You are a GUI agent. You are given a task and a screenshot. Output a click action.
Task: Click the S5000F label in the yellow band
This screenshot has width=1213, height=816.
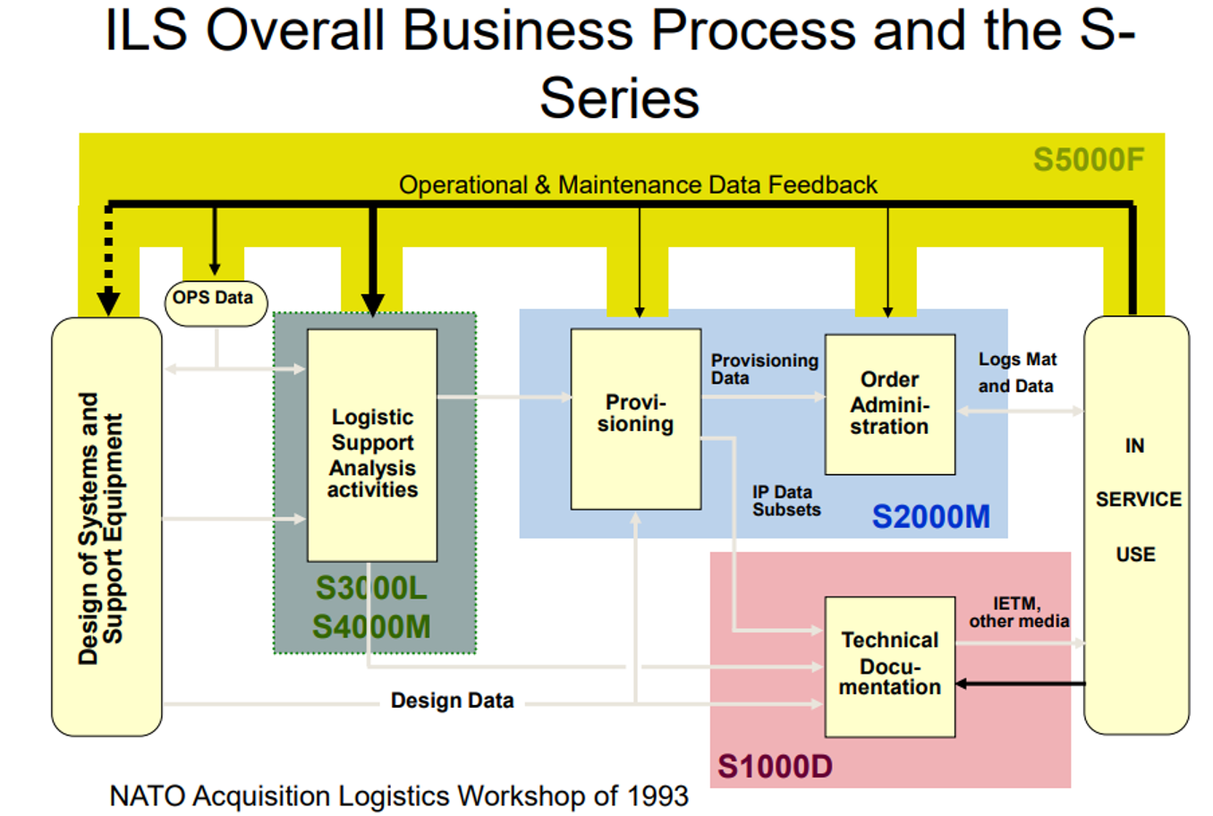(x=1088, y=159)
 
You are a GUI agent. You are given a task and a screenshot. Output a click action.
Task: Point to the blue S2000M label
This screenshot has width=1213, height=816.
(x=930, y=517)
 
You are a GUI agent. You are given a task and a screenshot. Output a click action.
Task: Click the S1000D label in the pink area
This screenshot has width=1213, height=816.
(x=775, y=766)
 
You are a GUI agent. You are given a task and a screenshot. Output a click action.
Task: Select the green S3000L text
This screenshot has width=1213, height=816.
(x=371, y=588)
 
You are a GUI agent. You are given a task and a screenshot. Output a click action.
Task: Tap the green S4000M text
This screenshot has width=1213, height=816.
(x=371, y=626)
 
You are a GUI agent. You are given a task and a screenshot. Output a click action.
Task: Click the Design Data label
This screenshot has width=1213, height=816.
(x=452, y=701)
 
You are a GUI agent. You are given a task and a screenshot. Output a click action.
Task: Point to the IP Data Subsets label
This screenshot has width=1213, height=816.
(x=785, y=501)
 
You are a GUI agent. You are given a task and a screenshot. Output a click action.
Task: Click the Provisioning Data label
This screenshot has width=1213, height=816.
(x=763, y=369)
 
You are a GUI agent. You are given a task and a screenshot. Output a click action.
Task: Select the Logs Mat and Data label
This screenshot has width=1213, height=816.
(x=1016, y=372)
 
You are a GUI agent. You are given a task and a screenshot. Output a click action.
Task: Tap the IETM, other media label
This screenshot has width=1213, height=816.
(x=1018, y=613)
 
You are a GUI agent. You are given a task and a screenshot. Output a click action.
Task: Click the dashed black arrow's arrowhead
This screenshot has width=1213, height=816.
(x=108, y=302)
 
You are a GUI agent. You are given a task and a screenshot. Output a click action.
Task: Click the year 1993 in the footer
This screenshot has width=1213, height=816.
(x=657, y=795)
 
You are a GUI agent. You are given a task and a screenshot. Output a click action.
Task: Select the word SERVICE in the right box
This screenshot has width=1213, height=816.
(x=1138, y=499)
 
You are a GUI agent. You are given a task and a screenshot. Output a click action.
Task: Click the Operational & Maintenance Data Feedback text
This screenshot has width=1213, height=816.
(x=638, y=185)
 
